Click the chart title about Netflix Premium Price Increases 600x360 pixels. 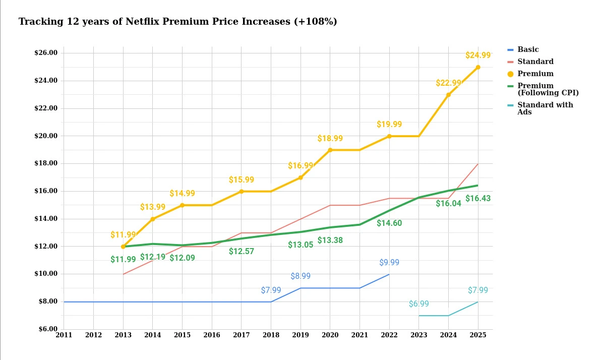tap(177, 22)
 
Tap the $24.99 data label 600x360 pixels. tap(477, 55)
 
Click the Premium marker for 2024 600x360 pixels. tap(448, 95)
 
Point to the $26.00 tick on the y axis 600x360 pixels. tap(46, 53)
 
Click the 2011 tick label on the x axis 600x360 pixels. tap(64, 335)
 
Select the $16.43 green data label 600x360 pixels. tap(477, 199)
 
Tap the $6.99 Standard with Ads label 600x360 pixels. tap(418, 304)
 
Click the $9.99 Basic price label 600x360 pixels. tap(389, 263)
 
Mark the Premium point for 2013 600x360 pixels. tap(123, 247)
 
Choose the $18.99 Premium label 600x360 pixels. tap(330, 139)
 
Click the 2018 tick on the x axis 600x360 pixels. tap(271, 335)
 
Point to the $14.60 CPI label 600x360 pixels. tap(389, 223)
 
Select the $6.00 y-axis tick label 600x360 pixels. tap(46, 329)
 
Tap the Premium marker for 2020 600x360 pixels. tap(330, 150)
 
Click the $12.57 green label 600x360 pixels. tap(241, 252)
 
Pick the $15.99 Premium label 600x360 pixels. tap(241, 180)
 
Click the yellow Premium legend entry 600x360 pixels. tap(535, 74)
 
